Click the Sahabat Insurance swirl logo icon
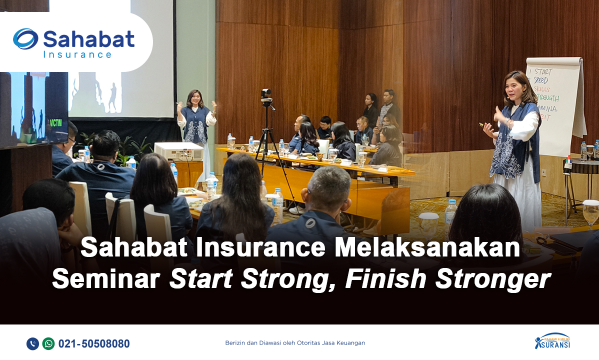(25, 38)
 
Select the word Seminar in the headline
(107, 279)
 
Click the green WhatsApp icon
(48, 343)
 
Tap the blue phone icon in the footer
(32, 343)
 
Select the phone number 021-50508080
(94, 344)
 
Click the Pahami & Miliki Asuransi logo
(552, 341)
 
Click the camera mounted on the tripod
(266, 95)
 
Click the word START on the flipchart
(542, 71)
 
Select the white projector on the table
(178, 150)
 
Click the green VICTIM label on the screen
(56, 122)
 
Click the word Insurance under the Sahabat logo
(77, 54)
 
